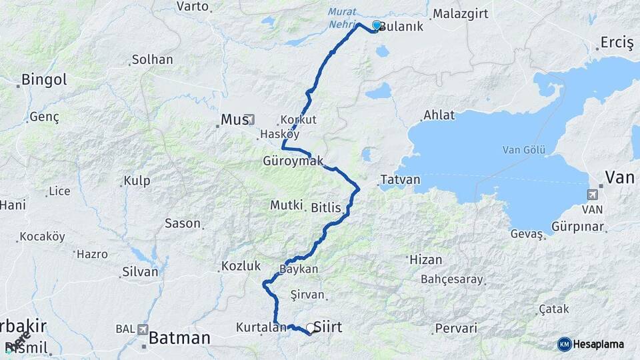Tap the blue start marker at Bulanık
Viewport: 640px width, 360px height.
377,26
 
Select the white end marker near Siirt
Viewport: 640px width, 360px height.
311,328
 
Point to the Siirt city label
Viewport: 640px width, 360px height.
327,327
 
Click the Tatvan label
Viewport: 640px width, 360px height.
400,180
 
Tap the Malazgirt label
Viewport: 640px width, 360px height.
461,13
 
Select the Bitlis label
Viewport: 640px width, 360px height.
326,208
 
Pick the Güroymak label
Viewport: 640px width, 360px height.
293,161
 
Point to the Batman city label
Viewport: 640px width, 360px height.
179,338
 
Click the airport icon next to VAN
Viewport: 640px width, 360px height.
591,195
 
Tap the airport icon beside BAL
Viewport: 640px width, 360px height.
143,329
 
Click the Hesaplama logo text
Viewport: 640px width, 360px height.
599,344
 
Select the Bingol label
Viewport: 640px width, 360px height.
44,80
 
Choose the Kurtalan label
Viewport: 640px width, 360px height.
256,327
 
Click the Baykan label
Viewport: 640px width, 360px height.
299,269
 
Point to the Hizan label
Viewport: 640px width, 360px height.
426,259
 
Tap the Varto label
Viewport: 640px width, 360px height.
193,7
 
